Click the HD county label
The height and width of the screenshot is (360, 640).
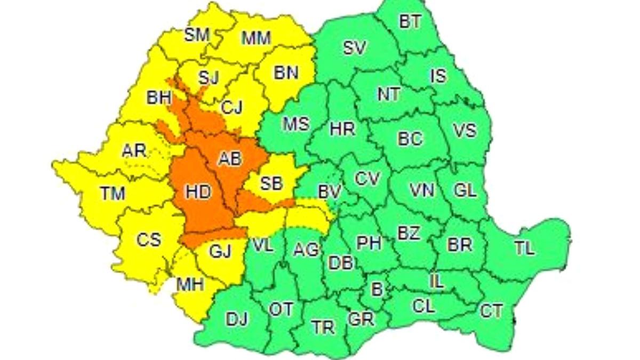(x=198, y=193)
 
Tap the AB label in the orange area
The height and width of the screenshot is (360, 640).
(x=230, y=158)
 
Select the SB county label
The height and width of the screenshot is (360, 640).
(x=271, y=183)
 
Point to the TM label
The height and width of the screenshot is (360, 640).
(x=112, y=193)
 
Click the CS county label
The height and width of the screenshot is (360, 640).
(x=148, y=240)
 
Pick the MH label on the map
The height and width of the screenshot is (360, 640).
(x=190, y=285)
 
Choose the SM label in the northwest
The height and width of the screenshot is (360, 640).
(x=197, y=35)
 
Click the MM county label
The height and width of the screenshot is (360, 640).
(x=256, y=38)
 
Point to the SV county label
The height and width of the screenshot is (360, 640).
(x=354, y=48)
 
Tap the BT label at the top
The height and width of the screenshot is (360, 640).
(x=410, y=22)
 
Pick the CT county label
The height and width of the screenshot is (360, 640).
(x=491, y=311)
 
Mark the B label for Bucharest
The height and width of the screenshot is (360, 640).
(x=377, y=290)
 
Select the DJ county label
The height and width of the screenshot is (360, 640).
(x=237, y=319)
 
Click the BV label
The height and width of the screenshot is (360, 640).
(x=330, y=191)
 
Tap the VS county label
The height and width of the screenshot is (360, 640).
(x=464, y=130)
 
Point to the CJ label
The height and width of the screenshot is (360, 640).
(x=231, y=108)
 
